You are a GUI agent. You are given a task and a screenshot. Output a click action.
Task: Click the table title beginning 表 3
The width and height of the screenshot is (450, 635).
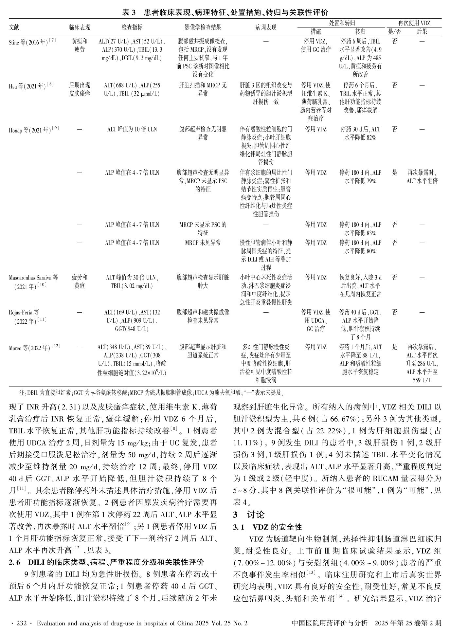pos(225,12)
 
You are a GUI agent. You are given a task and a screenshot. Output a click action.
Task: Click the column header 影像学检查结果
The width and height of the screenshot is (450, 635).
pos(203,27)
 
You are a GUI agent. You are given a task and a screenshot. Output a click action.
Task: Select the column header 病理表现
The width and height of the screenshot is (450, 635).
pos(266,27)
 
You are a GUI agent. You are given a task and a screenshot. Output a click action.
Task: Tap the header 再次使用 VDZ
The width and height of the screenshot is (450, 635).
pos(414,23)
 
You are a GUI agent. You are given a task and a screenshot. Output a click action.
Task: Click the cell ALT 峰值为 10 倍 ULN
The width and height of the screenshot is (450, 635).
pos(132,130)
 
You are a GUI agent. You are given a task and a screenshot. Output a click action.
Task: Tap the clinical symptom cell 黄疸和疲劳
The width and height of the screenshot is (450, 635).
pos(80,45)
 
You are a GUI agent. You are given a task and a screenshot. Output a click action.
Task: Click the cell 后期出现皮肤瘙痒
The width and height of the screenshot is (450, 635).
pos(80,89)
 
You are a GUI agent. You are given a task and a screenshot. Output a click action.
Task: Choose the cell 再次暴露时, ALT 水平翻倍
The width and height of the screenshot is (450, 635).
pos(422,177)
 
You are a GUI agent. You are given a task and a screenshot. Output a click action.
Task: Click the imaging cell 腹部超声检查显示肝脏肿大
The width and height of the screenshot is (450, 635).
pos(203,281)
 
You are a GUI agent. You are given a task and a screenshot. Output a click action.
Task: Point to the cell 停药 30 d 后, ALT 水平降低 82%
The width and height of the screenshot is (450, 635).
pos(360,134)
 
